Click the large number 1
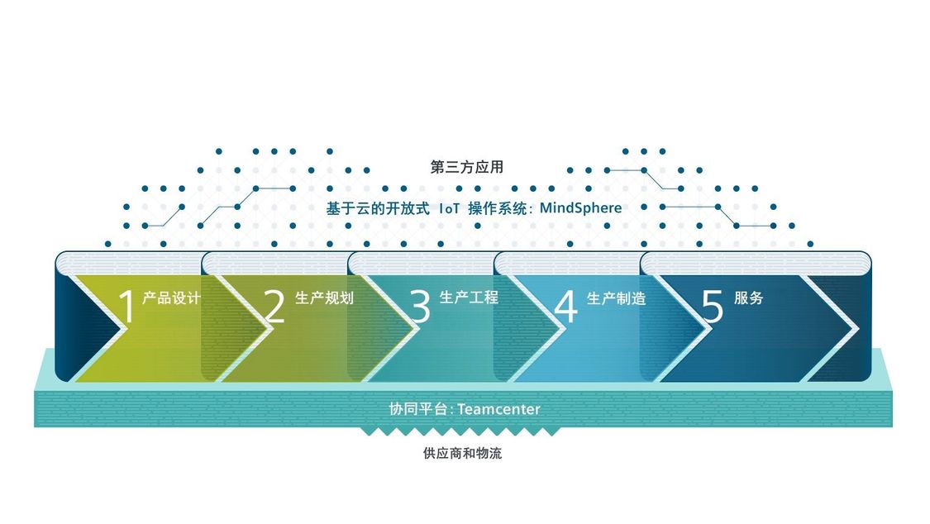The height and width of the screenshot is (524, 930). (127, 307)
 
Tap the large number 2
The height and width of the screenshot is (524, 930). (274, 307)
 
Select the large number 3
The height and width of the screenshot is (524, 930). (420, 307)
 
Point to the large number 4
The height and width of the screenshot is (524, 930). (565, 307)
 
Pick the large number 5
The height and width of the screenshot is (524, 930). (713, 307)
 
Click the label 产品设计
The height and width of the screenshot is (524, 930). (171, 298)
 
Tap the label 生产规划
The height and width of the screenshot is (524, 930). (324, 298)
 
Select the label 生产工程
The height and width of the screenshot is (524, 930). (470, 297)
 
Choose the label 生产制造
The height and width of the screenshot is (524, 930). (616, 298)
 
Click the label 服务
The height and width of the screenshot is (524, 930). (748, 298)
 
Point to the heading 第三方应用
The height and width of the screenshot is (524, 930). (467, 167)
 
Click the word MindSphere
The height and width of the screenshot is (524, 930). (580, 208)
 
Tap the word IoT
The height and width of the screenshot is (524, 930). (449, 208)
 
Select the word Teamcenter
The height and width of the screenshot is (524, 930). (498, 409)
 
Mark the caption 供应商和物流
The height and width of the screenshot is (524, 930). (463, 454)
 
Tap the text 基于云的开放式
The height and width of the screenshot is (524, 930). (378, 208)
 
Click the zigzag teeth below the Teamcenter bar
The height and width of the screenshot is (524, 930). (460, 431)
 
